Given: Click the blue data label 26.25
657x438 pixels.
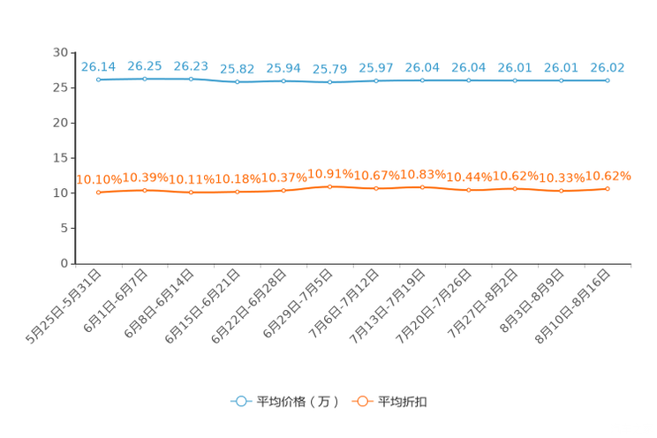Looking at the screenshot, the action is [x=145, y=66].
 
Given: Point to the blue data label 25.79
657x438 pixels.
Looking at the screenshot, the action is [x=329, y=69].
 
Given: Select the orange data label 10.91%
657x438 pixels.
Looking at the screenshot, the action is [x=330, y=174].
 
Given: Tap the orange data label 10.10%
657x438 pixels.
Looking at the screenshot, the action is [x=99, y=180].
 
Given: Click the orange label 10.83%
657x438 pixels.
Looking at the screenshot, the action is [x=423, y=175].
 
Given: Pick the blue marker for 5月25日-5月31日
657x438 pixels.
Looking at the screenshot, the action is [x=99, y=79].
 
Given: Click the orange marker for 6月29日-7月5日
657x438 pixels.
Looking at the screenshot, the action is [x=329, y=187].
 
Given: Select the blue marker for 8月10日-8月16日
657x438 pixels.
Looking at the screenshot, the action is [x=608, y=80].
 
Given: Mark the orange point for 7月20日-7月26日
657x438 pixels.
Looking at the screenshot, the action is [x=469, y=190].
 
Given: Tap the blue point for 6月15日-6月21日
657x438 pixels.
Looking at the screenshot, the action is [x=238, y=82].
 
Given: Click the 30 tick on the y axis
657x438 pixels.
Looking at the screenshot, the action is [x=60, y=53].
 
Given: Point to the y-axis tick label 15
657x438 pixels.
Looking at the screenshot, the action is [x=60, y=158].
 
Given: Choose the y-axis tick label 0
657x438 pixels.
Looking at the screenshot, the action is [x=64, y=263].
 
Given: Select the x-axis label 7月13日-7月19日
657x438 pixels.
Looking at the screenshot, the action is [x=388, y=306].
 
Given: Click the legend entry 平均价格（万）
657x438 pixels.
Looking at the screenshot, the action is [x=285, y=402].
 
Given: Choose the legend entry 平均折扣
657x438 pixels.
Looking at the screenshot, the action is [x=389, y=402].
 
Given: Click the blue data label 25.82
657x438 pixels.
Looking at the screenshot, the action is [x=238, y=69].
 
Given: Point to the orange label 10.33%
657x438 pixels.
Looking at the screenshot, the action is [x=562, y=178].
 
